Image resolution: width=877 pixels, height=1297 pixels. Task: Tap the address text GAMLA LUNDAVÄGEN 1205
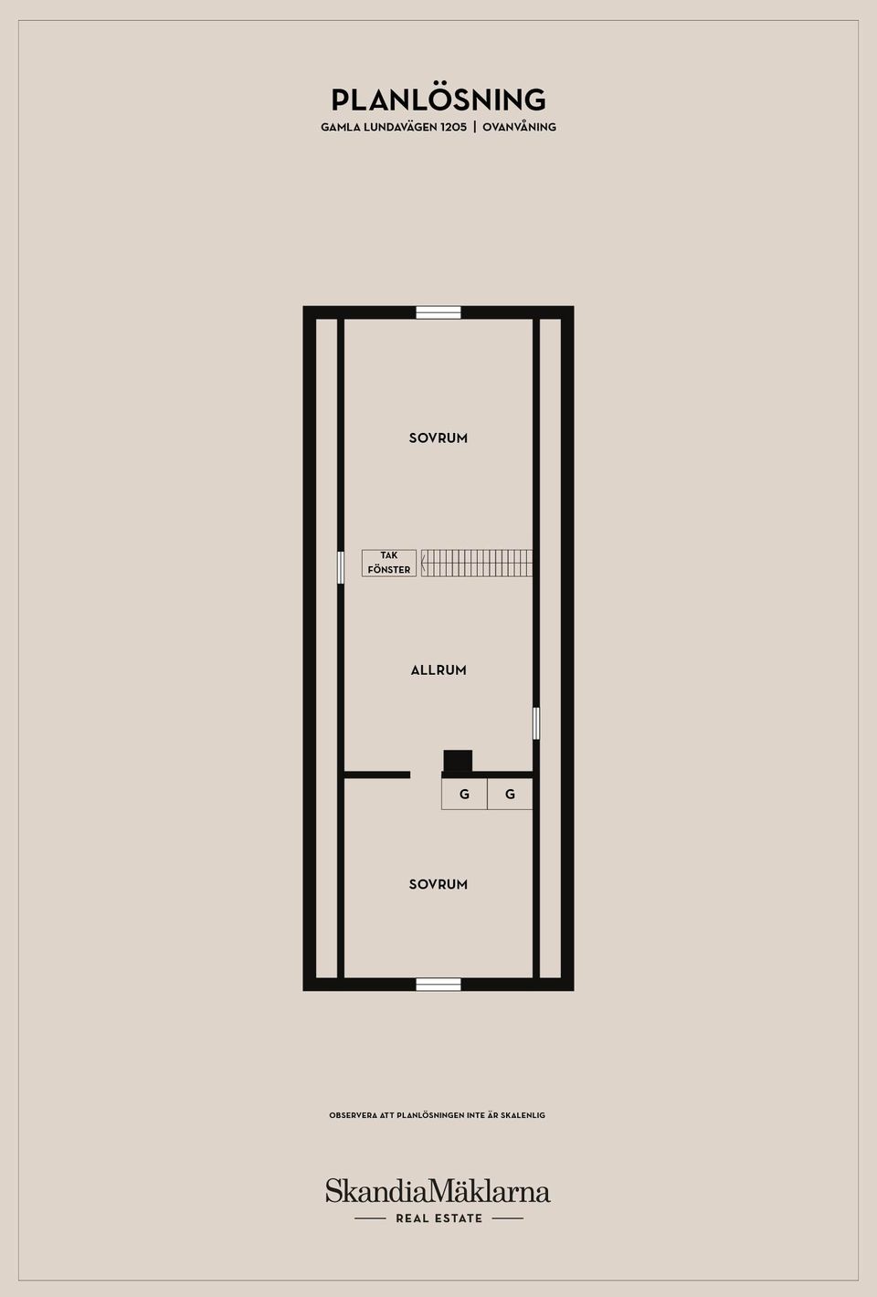(x=394, y=127)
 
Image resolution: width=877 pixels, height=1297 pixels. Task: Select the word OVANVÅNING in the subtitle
(x=519, y=127)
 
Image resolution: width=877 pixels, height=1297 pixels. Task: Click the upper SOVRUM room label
(x=438, y=438)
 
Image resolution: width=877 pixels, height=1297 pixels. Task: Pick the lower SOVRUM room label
(x=438, y=884)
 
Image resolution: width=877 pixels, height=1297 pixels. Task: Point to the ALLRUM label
(x=438, y=670)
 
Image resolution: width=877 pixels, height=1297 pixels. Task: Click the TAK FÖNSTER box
(x=389, y=563)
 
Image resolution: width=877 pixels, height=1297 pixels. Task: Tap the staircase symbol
(x=477, y=563)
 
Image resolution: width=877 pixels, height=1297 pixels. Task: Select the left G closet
(x=464, y=794)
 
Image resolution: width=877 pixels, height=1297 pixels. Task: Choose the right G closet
(x=510, y=794)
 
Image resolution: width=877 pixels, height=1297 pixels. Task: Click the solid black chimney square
(x=458, y=761)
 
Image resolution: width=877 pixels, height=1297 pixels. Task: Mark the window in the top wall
(x=438, y=312)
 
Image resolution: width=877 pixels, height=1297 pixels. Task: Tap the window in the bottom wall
(x=438, y=985)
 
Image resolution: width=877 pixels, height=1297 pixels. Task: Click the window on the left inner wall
(x=341, y=567)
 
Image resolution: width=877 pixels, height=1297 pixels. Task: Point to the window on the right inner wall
(x=536, y=722)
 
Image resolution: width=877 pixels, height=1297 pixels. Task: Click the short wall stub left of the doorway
(x=377, y=775)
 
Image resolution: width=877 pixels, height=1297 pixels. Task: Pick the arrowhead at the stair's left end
(x=424, y=563)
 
